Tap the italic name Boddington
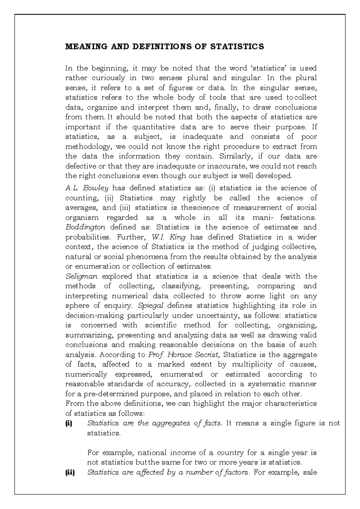point(85,227)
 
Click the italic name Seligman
point(81,276)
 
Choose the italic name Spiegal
point(150,306)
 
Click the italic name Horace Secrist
point(193,355)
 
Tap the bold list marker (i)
point(69,423)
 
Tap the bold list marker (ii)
point(70,472)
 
